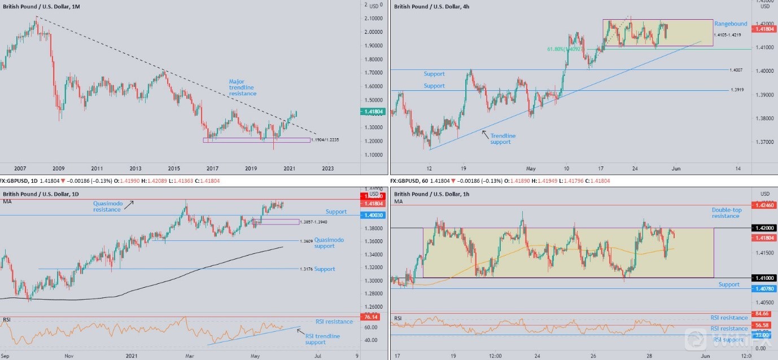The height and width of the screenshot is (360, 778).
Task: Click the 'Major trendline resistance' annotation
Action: pyautogui.click(x=241, y=87)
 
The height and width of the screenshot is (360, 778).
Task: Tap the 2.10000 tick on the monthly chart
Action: pyautogui.click(x=373, y=19)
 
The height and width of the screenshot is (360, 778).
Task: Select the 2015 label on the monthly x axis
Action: pyautogui.click(x=174, y=168)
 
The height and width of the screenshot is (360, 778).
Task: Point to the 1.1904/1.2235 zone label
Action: pyautogui.click(x=325, y=139)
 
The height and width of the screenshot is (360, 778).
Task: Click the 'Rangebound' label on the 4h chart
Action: pyautogui.click(x=731, y=24)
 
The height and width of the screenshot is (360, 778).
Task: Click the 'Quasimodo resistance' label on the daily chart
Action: pyautogui.click(x=107, y=206)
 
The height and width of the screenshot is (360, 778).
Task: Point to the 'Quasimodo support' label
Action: pyautogui.click(x=329, y=243)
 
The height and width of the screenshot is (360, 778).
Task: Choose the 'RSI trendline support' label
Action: pyautogui.click(x=322, y=339)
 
